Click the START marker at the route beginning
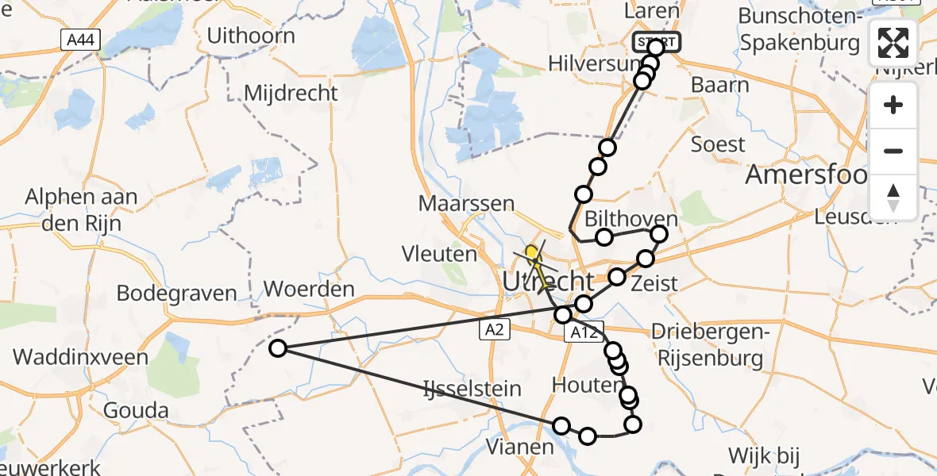pyautogui.click(x=656, y=41)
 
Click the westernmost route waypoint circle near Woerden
pyautogui.click(x=278, y=347)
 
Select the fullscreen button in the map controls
pyautogui.click(x=893, y=44)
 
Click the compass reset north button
pyautogui.click(x=893, y=197)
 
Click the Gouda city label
pyautogui.click(x=137, y=411)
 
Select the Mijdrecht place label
pyautogui.click(x=291, y=93)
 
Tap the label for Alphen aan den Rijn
pyautogui.click(x=82, y=209)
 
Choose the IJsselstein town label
pyautogui.click(x=472, y=389)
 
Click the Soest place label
pyautogui.click(x=719, y=144)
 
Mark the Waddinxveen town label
pyautogui.click(x=81, y=357)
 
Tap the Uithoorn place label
pyautogui.click(x=251, y=36)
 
